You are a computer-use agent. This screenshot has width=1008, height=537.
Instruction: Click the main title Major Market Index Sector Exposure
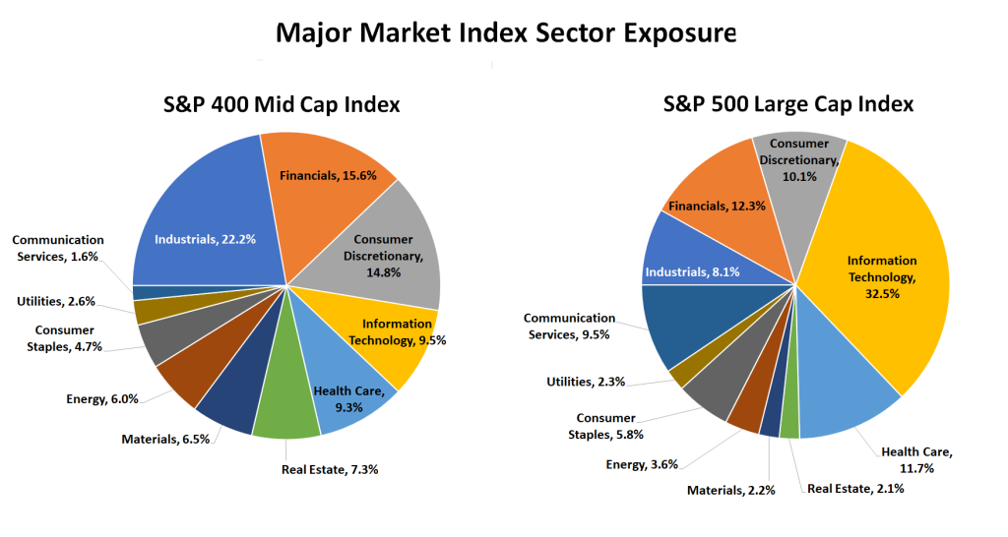pyautogui.click(x=505, y=33)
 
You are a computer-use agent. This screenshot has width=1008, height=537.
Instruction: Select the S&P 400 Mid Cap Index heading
pyautogui.click(x=281, y=104)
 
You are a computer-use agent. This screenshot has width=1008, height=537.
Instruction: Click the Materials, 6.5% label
pyautogui.click(x=165, y=439)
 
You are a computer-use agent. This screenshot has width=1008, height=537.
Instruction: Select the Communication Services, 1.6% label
pyautogui.click(x=58, y=248)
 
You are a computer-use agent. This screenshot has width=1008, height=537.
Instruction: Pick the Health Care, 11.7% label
pyautogui.click(x=915, y=459)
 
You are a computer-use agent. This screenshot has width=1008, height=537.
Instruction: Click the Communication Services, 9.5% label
pyautogui.click(x=569, y=327)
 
